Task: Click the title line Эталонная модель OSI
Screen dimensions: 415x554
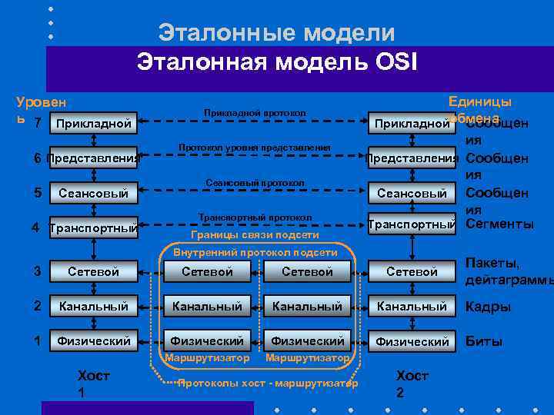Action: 277,61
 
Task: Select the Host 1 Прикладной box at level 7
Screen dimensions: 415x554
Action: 93,124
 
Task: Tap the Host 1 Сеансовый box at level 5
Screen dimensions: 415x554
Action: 93,193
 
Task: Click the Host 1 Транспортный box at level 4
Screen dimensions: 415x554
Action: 93,228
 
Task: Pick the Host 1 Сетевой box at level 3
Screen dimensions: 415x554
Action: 93,271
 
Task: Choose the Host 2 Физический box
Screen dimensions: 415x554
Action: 412,340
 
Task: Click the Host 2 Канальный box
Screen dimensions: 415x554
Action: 412,306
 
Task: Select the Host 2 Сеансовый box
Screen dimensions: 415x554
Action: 412,193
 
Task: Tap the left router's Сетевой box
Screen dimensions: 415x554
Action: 207,271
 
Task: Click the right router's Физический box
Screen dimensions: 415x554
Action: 307,340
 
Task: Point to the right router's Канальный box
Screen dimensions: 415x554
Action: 307,306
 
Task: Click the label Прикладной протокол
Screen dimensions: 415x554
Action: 255,113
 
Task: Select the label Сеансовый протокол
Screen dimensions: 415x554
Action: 255,182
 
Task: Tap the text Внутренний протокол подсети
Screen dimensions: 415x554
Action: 255,252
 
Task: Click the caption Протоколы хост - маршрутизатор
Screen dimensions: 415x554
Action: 267,382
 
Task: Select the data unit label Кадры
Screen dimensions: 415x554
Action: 488,307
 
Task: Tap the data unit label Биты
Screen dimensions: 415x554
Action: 484,341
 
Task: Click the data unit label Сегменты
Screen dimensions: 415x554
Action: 500,224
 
